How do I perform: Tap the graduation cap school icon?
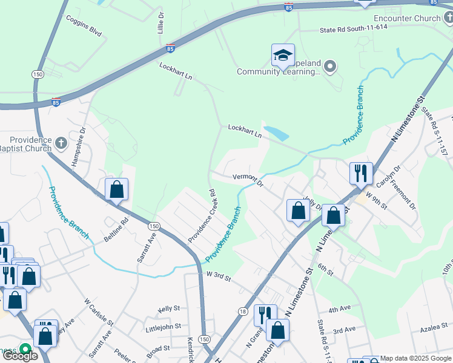tap(283, 56)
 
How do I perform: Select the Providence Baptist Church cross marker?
tap(60, 143)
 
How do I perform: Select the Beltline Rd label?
tap(117, 231)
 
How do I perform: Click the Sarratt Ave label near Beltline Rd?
tap(142, 249)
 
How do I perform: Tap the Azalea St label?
tap(434, 330)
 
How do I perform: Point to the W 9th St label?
tap(382, 197)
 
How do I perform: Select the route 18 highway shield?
tap(243, 311)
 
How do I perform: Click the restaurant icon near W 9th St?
tap(361, 173)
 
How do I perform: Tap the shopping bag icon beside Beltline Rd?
tap(117, 189)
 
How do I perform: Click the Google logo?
tap(21, 356)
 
